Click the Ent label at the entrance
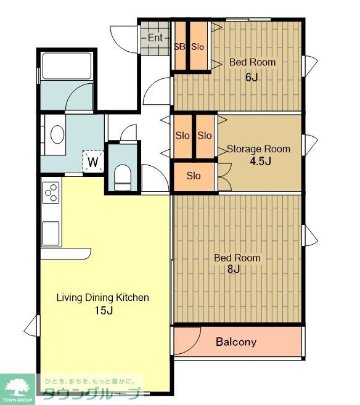(155, 38)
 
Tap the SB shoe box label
(179, 47)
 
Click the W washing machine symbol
(93, 162)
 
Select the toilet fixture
(123, 178)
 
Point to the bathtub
(67, 66)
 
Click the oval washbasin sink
(57, 134)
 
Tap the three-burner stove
(51, 193)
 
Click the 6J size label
(252, 77)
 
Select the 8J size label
(234, 269)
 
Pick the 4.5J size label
(260, 161)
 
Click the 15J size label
(104, 310)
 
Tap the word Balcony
(236, 342)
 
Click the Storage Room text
(258, 149)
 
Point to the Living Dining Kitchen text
(103, 298)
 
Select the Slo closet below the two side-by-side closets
(194, 176)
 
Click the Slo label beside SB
(197, 47)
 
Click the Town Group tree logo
(17, 388)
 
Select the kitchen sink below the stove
(51, 233)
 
